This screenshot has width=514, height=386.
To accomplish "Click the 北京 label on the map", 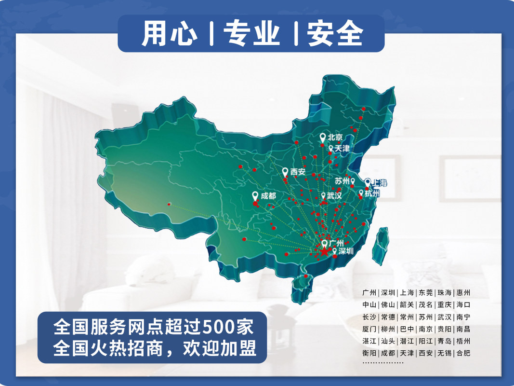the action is [335, 137].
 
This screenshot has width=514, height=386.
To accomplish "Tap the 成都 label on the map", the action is [268, 196].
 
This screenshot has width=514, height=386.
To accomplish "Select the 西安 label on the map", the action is [298, 171].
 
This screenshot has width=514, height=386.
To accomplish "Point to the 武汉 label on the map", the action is [334, 196].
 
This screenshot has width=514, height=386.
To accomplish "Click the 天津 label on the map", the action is [342, 149].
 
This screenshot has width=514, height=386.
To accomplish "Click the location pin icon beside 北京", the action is [323, 138].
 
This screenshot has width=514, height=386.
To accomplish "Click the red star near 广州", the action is [324, 251].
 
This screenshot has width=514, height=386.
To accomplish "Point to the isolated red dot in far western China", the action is [169, 204].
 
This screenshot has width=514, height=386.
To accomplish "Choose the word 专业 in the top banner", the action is [252, 34].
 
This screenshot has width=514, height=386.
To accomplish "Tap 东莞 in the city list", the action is [426, 293].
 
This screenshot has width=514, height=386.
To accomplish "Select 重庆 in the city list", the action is [444, 305].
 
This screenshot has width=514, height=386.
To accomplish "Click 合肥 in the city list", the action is [463, 353].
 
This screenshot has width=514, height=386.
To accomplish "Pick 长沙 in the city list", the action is [369, 317].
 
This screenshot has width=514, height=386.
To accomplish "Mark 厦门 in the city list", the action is [369, 329].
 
